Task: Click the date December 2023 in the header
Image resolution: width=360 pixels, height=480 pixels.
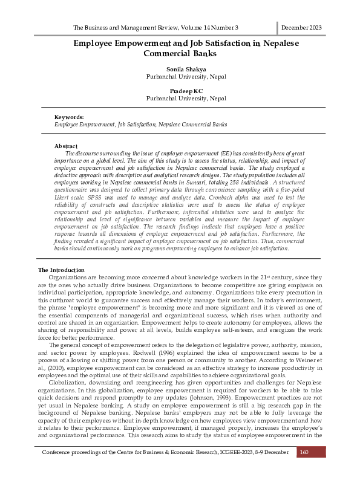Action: (x=301, y=28)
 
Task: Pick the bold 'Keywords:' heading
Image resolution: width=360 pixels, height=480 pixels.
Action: (x=69, y=117)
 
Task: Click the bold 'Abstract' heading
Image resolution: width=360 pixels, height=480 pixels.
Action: (x=66, y=146)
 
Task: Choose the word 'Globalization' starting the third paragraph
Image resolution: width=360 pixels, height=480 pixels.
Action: (x=68, y=382)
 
